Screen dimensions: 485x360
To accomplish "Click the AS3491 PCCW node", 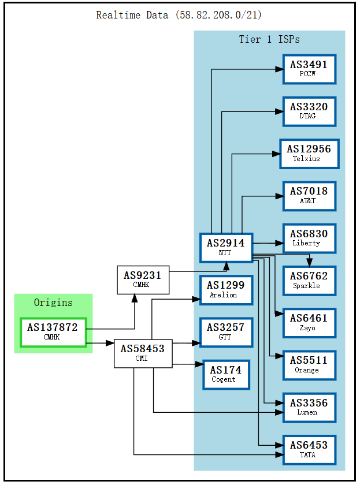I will click(x=309, y=69).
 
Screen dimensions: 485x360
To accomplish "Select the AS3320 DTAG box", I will click(x=309, y=111).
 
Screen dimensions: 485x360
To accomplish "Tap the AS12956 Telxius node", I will click(x=309, y=154).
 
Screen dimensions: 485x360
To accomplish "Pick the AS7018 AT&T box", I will click(x=309, y=196).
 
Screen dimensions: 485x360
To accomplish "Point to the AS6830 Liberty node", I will click(x=309, y=238).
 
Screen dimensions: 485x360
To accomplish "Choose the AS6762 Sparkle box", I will click(x=309, y=281).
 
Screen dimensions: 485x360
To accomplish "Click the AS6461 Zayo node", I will click(x=309, y=323).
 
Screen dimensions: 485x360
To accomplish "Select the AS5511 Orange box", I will click(x=309, y=365).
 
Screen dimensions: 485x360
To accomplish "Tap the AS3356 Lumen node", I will click(x=309, y=407).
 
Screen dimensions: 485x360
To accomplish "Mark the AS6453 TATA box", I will click(x=309, y=449).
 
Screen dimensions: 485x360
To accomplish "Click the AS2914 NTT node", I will click(x=225, y=248).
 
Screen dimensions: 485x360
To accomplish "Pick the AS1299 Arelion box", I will click(x=225, y=290).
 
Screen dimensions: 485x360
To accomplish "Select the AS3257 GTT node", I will click(x=225, y=332).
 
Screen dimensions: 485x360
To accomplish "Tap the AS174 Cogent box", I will click(x=225, y=374).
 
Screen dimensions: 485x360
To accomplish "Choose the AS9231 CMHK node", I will click(x=143, y=280).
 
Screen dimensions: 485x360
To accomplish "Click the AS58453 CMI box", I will click(x=143, y=353).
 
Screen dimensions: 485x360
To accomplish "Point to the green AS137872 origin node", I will click(x=53, y=332).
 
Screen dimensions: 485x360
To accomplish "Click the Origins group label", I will click(x=53, y=303).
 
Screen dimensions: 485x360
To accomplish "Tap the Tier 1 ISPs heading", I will click(x=269, y=39).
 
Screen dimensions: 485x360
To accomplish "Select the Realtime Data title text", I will click(x=180, y=15).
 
